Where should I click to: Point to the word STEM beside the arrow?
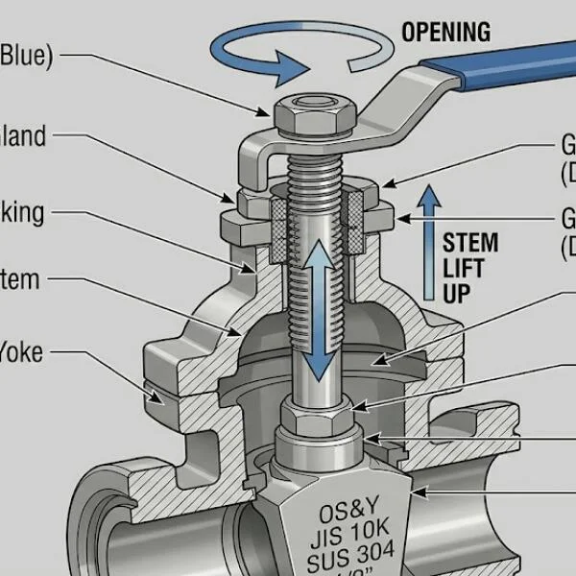470,243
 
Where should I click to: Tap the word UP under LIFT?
457,293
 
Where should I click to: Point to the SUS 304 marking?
339,559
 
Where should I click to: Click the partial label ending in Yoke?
21,352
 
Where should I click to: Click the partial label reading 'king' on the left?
22,212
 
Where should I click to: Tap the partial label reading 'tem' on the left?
21,280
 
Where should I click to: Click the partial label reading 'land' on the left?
23,137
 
